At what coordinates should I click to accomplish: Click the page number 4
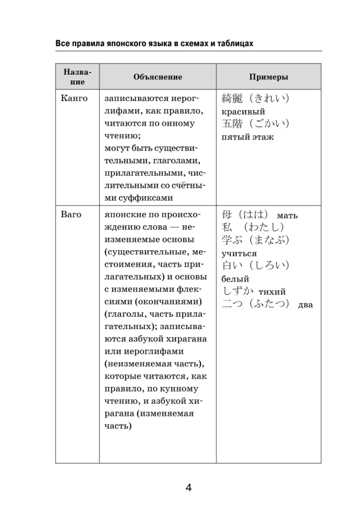[x=188, y=487]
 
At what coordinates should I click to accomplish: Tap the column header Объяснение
[x=158, y=77]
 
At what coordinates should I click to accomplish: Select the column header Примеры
[x=269, y=77]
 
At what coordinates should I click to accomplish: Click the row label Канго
[x=75, y=99]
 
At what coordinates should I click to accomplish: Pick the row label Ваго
[x=71, y=215]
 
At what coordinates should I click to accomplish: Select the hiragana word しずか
[x=238, y=291]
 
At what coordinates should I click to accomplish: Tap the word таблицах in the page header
[x=232, y=43]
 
